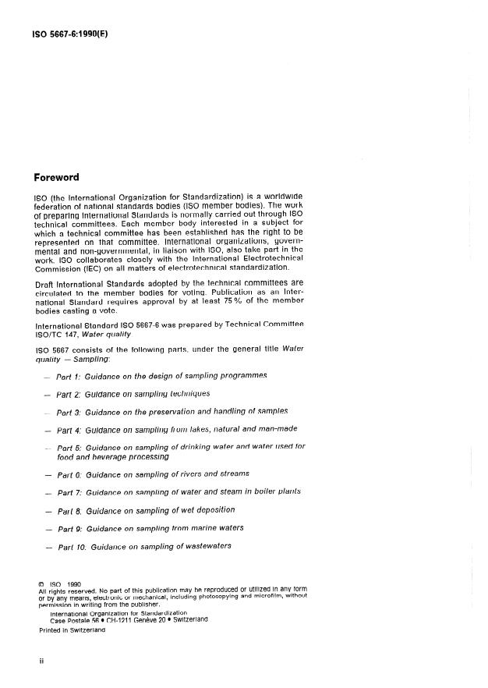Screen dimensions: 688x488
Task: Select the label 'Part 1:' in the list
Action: pos(69,375)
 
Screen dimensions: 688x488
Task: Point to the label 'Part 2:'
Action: pos(69,393)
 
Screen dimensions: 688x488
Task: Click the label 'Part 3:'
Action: pos(70,411)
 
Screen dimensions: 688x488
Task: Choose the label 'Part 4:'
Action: pos(70,429)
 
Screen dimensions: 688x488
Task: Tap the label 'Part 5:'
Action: pos(70,447)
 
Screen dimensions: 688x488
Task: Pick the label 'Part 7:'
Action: pos(70,492)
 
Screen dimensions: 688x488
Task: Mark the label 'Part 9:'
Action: pos(70,528)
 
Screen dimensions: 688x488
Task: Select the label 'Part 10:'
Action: pos(72,546)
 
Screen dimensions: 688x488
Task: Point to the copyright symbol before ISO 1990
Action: pos(41,582)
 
